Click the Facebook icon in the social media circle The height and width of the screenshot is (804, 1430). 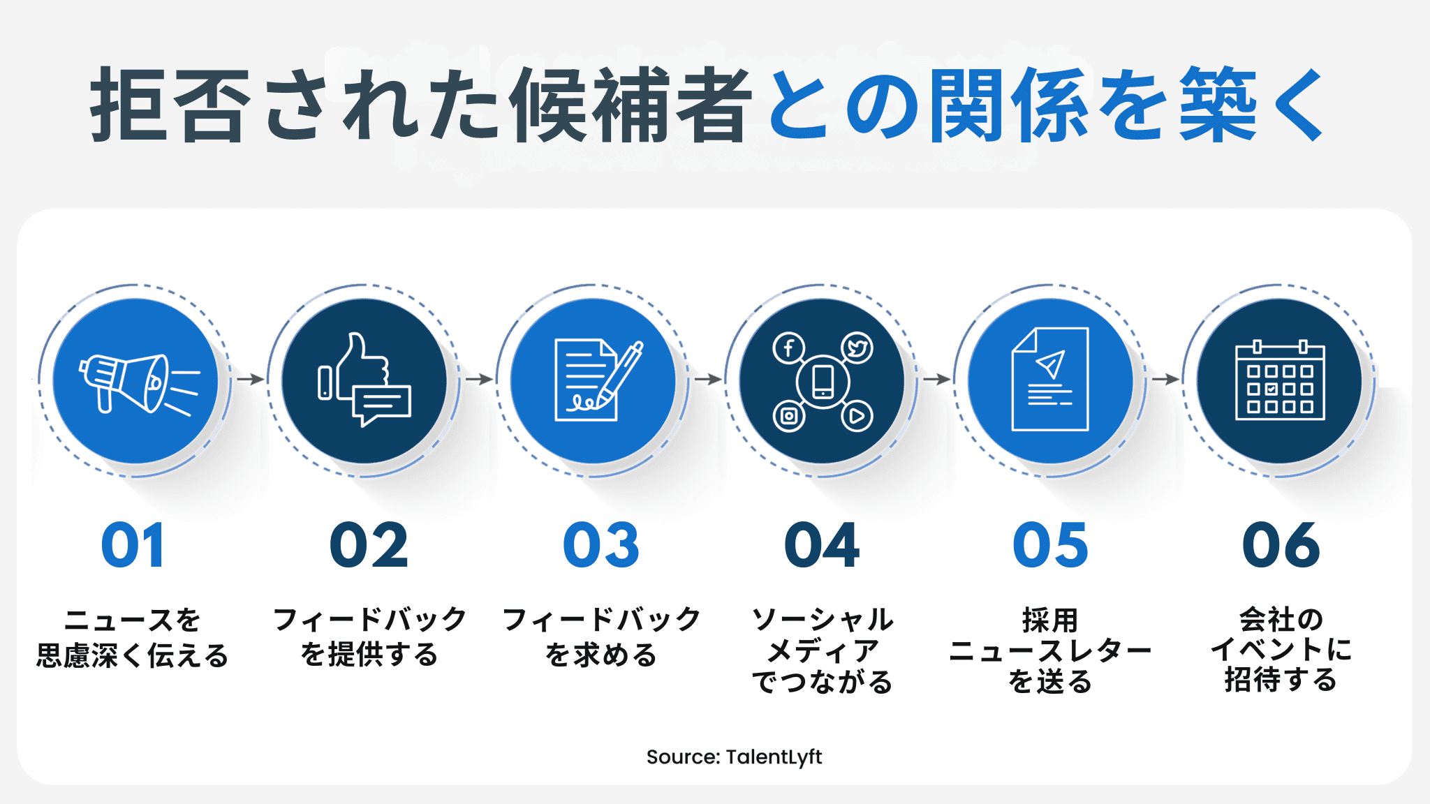(788, 348)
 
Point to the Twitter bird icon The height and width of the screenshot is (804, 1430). (857, 348)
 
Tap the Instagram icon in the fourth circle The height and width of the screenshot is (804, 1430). (788, 416)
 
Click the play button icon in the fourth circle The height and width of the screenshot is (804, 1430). (857, 416)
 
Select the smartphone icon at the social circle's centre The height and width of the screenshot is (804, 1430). (823, 381)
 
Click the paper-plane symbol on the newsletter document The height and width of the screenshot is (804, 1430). (1051, 364)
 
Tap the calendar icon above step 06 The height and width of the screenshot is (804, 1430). (1280, 381)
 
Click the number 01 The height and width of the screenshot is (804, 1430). (133, 546)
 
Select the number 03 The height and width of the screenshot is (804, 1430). (601, 546)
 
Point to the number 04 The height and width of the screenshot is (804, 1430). (822, 546)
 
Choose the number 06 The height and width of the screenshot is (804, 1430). (1281, 546)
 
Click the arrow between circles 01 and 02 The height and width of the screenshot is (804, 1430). (249, 379)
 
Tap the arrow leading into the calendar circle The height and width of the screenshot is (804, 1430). (1165, 379)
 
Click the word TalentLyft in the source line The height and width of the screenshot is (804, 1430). (774, 757)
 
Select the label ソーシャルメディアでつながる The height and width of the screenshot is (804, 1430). (823, 650)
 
